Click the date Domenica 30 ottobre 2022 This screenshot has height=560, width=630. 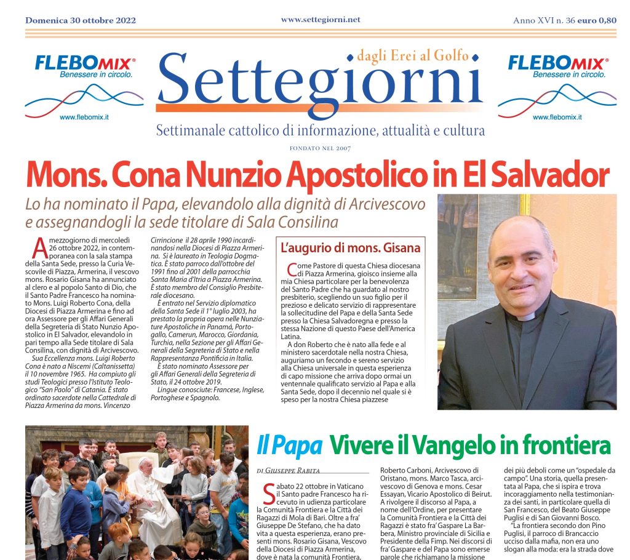[81, 20]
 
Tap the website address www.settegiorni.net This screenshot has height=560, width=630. [320, 20]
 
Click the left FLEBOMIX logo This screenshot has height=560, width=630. [86, 63]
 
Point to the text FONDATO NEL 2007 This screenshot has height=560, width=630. [320, 148]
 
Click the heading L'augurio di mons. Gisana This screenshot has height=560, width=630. [350, 249]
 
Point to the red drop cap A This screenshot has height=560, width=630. [38, 248]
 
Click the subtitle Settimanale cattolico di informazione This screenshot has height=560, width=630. [320, 130]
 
